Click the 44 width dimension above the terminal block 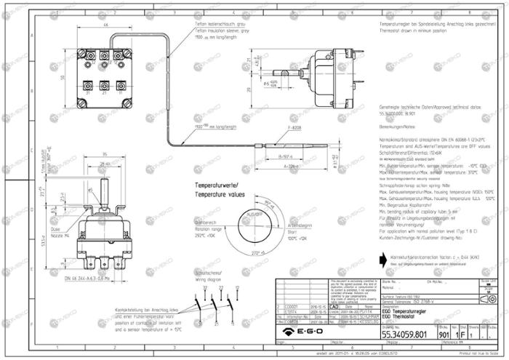tap(105, 25)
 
